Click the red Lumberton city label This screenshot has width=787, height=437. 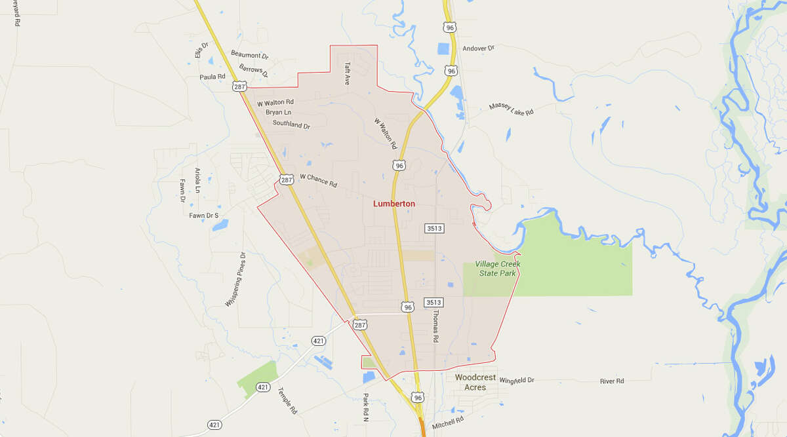[x=393, y=204]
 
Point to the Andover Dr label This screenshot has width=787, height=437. [x=478, y=48]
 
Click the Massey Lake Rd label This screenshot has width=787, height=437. [x=511, y=109]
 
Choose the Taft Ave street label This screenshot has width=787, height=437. [x=348, y=74]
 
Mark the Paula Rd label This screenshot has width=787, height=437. [x=212, y=77]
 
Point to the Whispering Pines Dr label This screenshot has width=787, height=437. [x=235, y=280]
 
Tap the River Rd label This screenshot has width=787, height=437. [x=612, y=381]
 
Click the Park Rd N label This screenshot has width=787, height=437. [x=366, y=408]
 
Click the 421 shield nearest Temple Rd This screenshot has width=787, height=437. [x=263, y=387]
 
